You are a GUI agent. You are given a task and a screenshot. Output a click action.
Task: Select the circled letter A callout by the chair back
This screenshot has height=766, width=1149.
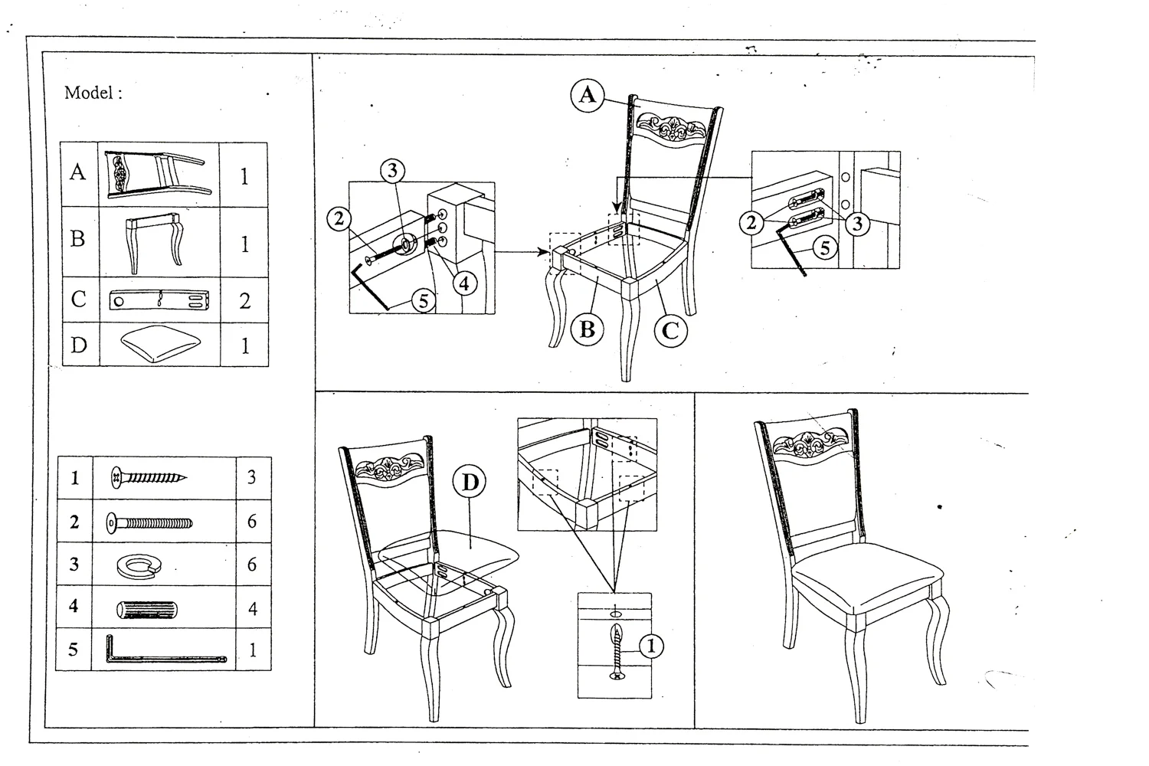point(588,95)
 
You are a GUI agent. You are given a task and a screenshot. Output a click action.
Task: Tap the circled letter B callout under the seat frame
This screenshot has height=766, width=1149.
point(588,330)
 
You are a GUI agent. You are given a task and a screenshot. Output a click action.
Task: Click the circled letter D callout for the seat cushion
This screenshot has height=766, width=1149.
point(470,482)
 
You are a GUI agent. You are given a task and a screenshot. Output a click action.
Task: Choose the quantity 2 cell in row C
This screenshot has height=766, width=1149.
point(244,301)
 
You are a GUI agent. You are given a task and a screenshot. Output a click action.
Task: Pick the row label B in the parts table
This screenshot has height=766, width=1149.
point(77,240)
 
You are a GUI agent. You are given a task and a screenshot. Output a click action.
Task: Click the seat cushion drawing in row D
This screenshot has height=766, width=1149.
point(159,345)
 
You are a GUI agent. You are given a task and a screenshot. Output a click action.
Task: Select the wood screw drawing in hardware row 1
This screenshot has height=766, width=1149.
point(149,478)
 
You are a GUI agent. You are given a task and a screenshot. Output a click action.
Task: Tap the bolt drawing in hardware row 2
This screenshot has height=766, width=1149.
point(149,524)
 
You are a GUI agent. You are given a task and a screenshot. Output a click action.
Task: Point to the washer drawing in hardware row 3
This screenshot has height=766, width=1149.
point(136,566)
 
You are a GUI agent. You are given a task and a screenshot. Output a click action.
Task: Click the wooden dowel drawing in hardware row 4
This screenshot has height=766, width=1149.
point(147,610)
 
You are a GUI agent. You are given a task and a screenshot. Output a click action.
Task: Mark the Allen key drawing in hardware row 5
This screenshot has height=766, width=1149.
point(165,652)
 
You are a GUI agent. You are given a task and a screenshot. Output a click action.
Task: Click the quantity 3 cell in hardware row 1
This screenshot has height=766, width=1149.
point(251,477)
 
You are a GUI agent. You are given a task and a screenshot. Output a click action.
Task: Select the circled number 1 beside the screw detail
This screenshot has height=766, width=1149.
point(651,646)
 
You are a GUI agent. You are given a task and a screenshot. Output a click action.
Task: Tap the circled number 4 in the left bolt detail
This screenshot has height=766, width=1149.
point(464,283)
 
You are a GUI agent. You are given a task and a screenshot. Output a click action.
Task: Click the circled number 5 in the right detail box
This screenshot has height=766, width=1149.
point(824,248)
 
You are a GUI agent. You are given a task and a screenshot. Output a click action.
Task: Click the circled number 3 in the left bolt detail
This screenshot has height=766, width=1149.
point(392,171)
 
